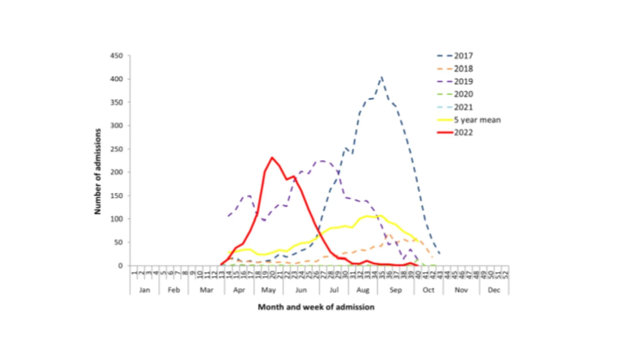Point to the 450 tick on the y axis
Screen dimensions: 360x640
click(x=117, y=56)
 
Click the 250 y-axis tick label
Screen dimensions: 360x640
click(x=117, y=149)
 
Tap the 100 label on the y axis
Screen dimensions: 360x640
click(x=117, y=219)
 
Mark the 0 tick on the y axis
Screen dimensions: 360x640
click(x=120, y=266)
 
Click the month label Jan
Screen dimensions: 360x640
click(x=144, y=290)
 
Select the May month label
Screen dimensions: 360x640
click(x=268, y=290)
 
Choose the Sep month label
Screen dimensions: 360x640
click(x=396, y=290)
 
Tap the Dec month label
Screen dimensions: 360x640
click(x=494, y=290)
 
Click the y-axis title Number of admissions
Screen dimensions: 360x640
click(x=97, y=171)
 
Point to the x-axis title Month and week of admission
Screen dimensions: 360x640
click(x=316, y=307)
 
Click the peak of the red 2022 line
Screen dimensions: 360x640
click(x=272, y=158)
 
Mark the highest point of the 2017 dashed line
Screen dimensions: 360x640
click(x=382, y=77)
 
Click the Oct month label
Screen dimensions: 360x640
click(x=428, y=290)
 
